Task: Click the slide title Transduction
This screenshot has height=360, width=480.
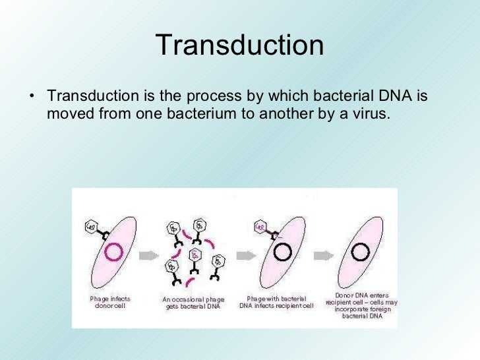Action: pos(240,45)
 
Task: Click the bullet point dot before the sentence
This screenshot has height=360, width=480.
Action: pos(32,97)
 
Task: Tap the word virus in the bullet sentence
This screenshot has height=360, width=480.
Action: pos(370,115)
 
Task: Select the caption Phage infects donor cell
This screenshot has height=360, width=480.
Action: pos(110,302)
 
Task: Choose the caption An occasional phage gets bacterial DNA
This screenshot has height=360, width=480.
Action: pos(193,303)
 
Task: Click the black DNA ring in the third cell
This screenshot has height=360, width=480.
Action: pos(283,251)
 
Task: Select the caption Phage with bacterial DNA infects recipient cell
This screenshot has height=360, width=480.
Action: pos(278,302)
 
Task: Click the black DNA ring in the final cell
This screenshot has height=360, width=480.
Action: pos(359,251)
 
